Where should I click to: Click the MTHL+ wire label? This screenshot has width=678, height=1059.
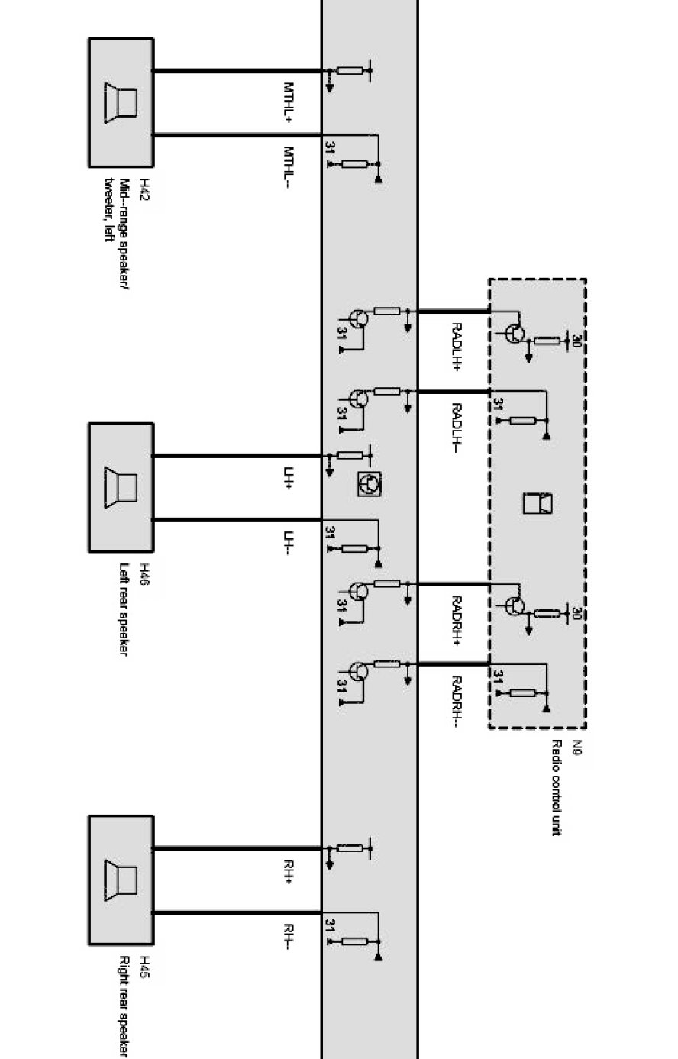coord(289,103)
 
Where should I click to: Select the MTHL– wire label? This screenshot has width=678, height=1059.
coord(289,167)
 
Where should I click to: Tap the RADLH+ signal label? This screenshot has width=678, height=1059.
coord(457,346)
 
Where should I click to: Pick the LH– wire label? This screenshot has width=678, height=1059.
coord(289,544)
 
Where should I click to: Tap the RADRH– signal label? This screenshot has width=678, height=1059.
coord(457,701)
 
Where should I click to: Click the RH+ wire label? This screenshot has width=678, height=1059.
coord(289,872)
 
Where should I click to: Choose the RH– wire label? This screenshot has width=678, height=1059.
coord(289,936)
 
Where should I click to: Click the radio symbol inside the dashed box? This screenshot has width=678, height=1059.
coord(538,503)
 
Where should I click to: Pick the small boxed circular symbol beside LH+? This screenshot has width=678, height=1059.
coord(369,483)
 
